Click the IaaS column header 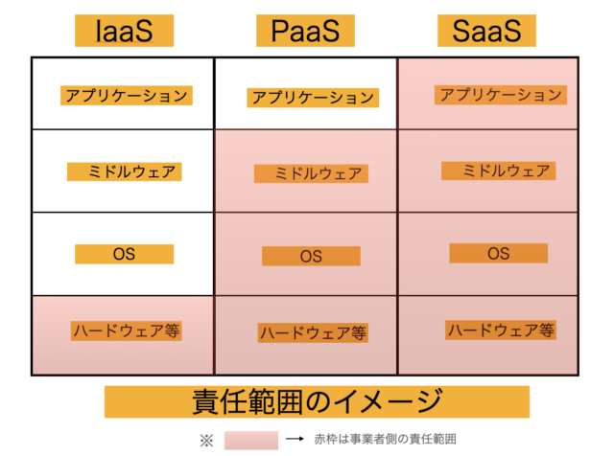pyautogui.click(x=124, y=31)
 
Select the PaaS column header pyautogui.click(x=305, y=31)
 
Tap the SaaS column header pyautogui.click(x=486, y=31)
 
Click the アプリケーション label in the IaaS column pyautogui.click(x=127, y=96)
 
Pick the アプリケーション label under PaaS pyautogui.click(x=313, y=98)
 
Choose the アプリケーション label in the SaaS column pyautogui.click(x=501, y=95)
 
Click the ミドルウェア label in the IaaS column pyautogui.click(x=125, y=171)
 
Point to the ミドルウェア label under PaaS pyautogui.click(x=311, y=173)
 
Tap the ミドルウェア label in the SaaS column pyautogui.click(x=499, y=171)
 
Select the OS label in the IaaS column pyautogui.click(x=124, y=254)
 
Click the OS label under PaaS pyautogui.click(x=311, y=256)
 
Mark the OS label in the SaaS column pyautogui.click(x=499, y=254)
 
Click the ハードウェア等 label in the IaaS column pyautogui.click(x=127, y=331)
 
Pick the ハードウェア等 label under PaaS pyautogui.click(x=314, y=332)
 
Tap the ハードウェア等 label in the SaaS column pyautogui.click(x=501, y=331)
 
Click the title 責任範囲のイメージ pyautogui.click(x=317, y=402)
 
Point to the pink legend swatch pyautogui.click(x=251, y=441)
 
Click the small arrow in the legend pyautogui.click(x=295, y=439)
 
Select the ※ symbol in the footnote pyautogui.click(x=207, y=441)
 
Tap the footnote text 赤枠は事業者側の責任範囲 pyautogui.click(x=385, y=439)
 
